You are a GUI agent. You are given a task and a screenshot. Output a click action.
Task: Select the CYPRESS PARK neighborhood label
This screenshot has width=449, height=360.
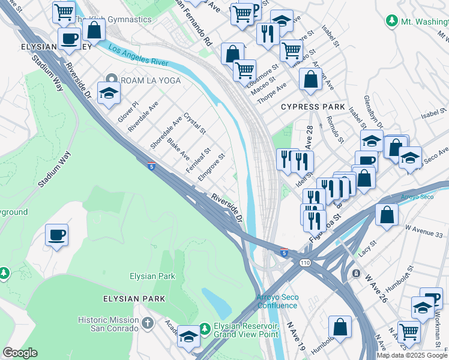point(313,107)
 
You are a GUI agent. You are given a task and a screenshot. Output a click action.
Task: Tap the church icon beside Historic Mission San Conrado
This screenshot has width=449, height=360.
point(149,323)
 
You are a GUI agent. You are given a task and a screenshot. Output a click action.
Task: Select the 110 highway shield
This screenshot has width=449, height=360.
point(306,263)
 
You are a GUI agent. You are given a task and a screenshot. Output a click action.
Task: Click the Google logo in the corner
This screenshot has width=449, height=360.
point(20,352)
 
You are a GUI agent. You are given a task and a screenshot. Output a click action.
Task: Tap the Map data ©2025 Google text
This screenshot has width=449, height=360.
point(411,355)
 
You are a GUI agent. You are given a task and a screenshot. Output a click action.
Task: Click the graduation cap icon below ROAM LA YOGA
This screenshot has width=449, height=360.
point(109,93)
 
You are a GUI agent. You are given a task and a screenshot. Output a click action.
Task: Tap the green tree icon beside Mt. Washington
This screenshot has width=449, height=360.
point(392,21)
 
